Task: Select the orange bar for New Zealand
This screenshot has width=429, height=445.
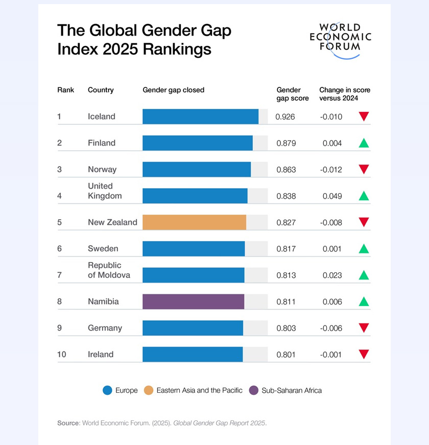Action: [194, 222]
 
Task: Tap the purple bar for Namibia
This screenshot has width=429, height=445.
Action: [193, 301]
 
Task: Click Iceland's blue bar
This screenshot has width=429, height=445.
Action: [200, 116]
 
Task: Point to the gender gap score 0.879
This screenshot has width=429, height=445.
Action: [286, 143]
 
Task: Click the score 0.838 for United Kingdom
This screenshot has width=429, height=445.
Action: [286, 196]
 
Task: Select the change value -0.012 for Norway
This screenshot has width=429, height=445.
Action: [331, 170]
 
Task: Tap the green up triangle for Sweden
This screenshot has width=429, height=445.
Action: [364, 249]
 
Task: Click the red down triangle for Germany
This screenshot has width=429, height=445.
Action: [364, 328]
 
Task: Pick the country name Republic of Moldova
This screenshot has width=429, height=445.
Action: [109, 270]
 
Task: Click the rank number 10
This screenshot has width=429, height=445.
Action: [61, 355]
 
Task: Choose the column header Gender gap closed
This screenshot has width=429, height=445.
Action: [173, 90]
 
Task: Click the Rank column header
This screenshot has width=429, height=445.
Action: [65, 90]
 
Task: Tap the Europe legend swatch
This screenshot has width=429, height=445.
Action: [107, 390]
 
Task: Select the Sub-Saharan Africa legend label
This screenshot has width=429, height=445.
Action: [292, 390]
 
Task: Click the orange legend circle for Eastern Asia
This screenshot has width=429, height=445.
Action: [149, 390]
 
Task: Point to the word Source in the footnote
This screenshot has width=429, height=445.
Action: [68, 423]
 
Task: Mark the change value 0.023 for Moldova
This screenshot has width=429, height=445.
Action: [332, 275]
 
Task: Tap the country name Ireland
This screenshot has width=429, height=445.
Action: [101, 355]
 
